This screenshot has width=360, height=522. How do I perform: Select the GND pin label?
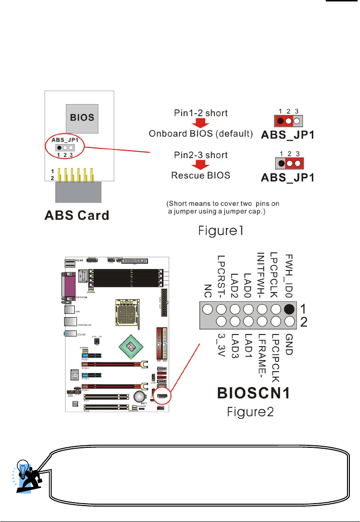[289, 344]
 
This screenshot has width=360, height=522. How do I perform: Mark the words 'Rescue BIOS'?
[201, 175]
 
